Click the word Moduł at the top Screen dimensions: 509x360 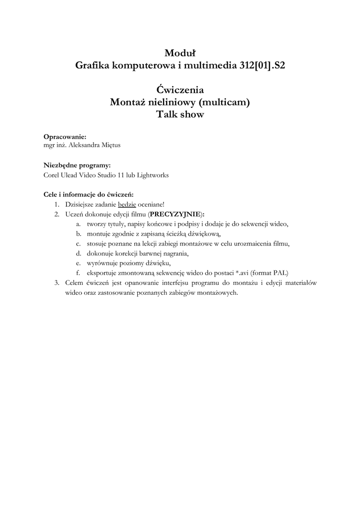180,52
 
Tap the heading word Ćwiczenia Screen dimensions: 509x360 180,90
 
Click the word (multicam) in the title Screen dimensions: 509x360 224,102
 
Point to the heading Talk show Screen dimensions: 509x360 180,115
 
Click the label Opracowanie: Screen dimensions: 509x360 65,136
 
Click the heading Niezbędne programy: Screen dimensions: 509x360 77,165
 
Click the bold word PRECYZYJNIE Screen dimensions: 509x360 176,214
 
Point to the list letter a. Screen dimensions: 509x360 78,224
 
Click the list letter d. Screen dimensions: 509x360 78,253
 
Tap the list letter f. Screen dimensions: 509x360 78,273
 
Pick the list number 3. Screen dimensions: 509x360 57,282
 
